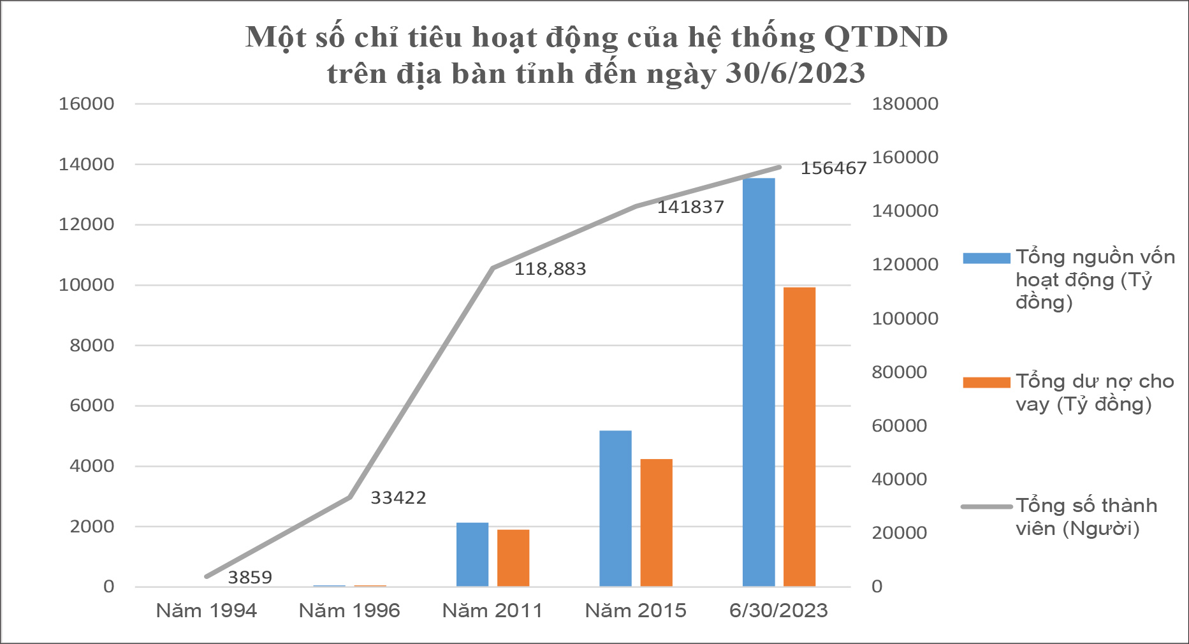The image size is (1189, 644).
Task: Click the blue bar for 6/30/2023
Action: pos(759,383)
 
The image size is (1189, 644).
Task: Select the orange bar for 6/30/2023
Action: pos(799,437)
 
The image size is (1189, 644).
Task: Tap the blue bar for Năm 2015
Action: pos(615,508)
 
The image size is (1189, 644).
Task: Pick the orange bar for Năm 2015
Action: pos(656,523)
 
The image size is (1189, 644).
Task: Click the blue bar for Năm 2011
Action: pos(472,554)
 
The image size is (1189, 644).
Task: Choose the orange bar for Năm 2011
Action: pos(513,558)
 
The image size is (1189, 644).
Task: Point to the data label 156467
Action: pos(833,168)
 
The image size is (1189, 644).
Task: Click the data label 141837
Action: pos(690,207)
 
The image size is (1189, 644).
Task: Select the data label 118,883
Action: pos(550,269)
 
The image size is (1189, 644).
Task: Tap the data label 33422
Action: pos(398,497)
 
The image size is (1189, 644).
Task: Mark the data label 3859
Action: pos(250,578)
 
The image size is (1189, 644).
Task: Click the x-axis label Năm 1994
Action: pos(207,611)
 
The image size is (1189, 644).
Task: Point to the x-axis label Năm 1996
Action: pos(349,611)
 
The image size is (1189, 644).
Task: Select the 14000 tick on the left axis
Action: pos(87,165)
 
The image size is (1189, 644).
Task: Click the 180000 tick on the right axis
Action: pos(905,104)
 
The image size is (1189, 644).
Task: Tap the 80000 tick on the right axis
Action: pos(900,372)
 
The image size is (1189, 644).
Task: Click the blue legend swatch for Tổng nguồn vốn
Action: pos(986,258)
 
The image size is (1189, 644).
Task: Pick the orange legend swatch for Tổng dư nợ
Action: pos(986,383)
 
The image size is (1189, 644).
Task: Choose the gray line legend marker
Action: pos(986,507)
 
